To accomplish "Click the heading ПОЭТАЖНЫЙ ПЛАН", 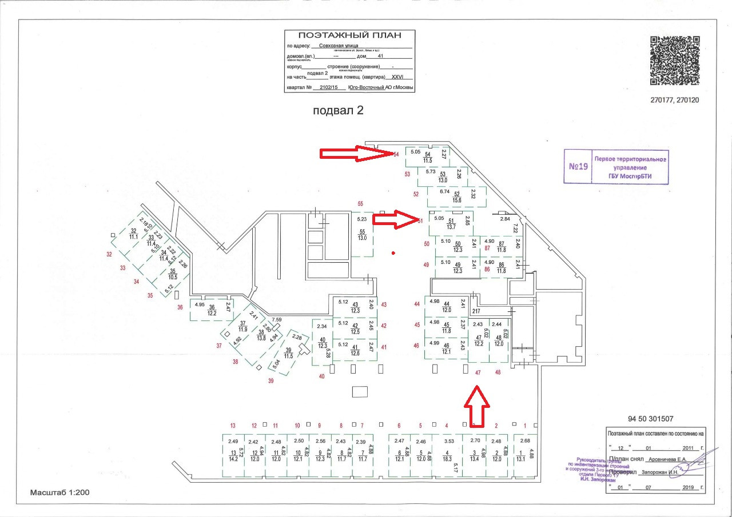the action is [x=349, y=35].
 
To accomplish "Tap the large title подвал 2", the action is [x=338, y=111].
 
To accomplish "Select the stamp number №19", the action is [x=578, y=167].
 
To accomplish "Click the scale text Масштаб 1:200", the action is [x=60, y=492].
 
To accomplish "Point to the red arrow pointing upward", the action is [x=476, y=406].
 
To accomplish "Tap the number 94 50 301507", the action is [x=650, y=418].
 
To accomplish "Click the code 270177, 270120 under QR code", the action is [x=675, y=100].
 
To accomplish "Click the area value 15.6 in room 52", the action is [x=457, y=201].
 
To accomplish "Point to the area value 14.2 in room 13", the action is [x=233, y=459].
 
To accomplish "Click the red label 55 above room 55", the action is [x=360, y=204].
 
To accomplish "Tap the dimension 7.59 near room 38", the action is [x=277, y=320].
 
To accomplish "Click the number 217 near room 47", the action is [x=476, y=311].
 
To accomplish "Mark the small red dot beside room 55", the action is [x=392, y=253].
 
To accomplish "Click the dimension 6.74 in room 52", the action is [x=445, y=191].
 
